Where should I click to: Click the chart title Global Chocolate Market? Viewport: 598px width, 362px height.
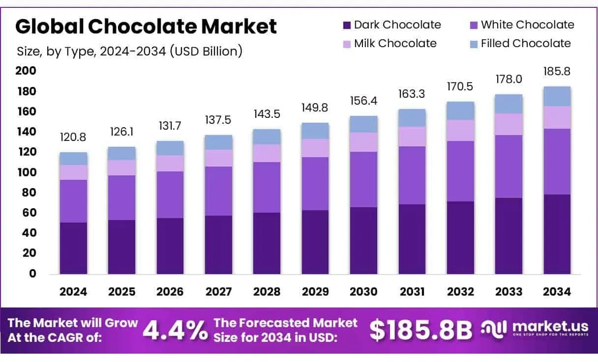[x=146, y=27]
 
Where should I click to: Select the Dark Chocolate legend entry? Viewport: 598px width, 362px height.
[x=391, y=25]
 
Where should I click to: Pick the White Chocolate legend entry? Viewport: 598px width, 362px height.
[x=522, y=25]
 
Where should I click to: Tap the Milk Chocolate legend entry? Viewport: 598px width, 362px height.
[x=389, y=44]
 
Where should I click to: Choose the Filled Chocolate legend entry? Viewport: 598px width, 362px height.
[x=520, y=44]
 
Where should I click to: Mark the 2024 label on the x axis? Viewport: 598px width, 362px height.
[x=73, y=292]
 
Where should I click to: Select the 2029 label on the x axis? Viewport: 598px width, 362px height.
[x=315, y=292]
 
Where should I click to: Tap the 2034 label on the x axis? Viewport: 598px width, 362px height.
[x=557, y=292]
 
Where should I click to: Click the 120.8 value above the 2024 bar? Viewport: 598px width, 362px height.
[x=73, y=138]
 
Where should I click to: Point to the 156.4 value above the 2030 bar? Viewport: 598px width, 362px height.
[x=364, y=101]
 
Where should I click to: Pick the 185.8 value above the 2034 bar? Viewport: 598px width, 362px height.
[x=557, y=71]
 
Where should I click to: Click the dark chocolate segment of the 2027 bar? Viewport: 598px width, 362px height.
[x=218, y=245]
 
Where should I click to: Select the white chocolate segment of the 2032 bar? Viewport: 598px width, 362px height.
[x=461, y=171]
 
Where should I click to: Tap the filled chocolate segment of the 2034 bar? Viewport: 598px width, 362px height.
[x=557, y=96]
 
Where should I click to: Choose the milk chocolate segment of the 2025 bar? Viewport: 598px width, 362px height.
[x=121, y=167]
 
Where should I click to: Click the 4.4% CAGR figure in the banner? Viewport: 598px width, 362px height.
[x=175, y=331]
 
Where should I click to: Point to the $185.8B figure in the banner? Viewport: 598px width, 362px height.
[x=420, y=331]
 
